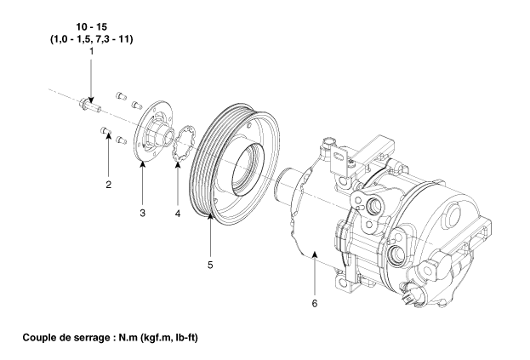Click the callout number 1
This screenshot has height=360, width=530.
91,51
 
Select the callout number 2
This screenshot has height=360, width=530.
109,185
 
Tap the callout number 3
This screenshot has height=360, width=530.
143,213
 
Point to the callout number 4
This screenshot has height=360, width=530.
178,214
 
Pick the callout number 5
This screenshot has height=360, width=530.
210,265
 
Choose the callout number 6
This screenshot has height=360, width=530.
315,304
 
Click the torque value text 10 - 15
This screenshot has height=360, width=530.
91,26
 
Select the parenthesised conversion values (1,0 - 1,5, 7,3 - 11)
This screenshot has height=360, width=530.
92,39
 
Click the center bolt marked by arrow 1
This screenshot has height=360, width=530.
89,105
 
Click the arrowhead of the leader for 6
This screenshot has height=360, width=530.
315,254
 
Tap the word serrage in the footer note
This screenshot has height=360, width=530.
94,339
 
